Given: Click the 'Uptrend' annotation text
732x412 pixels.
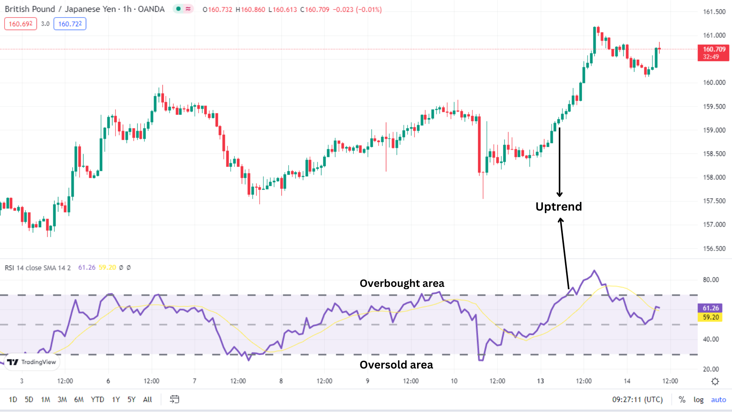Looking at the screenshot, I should [559, 206].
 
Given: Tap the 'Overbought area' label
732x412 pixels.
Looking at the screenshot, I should [402, 283].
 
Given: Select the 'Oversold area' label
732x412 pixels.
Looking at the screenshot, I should [396, 365].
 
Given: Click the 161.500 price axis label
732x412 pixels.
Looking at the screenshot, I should [714, 12].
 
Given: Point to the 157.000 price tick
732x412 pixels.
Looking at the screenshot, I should [714, 225].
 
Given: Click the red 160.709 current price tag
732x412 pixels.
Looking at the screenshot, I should [713, 53].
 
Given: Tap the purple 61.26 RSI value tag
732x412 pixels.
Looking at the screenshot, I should [710, 308].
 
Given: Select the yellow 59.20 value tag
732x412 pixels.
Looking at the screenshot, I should [710, 317].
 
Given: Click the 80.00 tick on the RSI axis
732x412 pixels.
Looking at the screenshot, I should [711, 280].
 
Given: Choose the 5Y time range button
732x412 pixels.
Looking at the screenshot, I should [131, 399].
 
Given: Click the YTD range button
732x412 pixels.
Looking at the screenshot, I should [97, 399].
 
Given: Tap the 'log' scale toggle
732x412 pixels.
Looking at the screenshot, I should [698, 399].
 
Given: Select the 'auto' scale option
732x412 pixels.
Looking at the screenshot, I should [718, 399].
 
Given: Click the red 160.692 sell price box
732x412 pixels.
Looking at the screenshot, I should [21, 24].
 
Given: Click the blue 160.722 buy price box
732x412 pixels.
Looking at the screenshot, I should [70, 24].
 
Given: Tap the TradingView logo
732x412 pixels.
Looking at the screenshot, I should [31, 362].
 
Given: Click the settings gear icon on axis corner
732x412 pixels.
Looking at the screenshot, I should [715, 381].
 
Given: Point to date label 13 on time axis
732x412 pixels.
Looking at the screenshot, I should [540, 381].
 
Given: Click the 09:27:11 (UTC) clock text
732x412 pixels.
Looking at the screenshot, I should [637, 399].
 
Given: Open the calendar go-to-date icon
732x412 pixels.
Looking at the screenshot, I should [174, 399].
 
